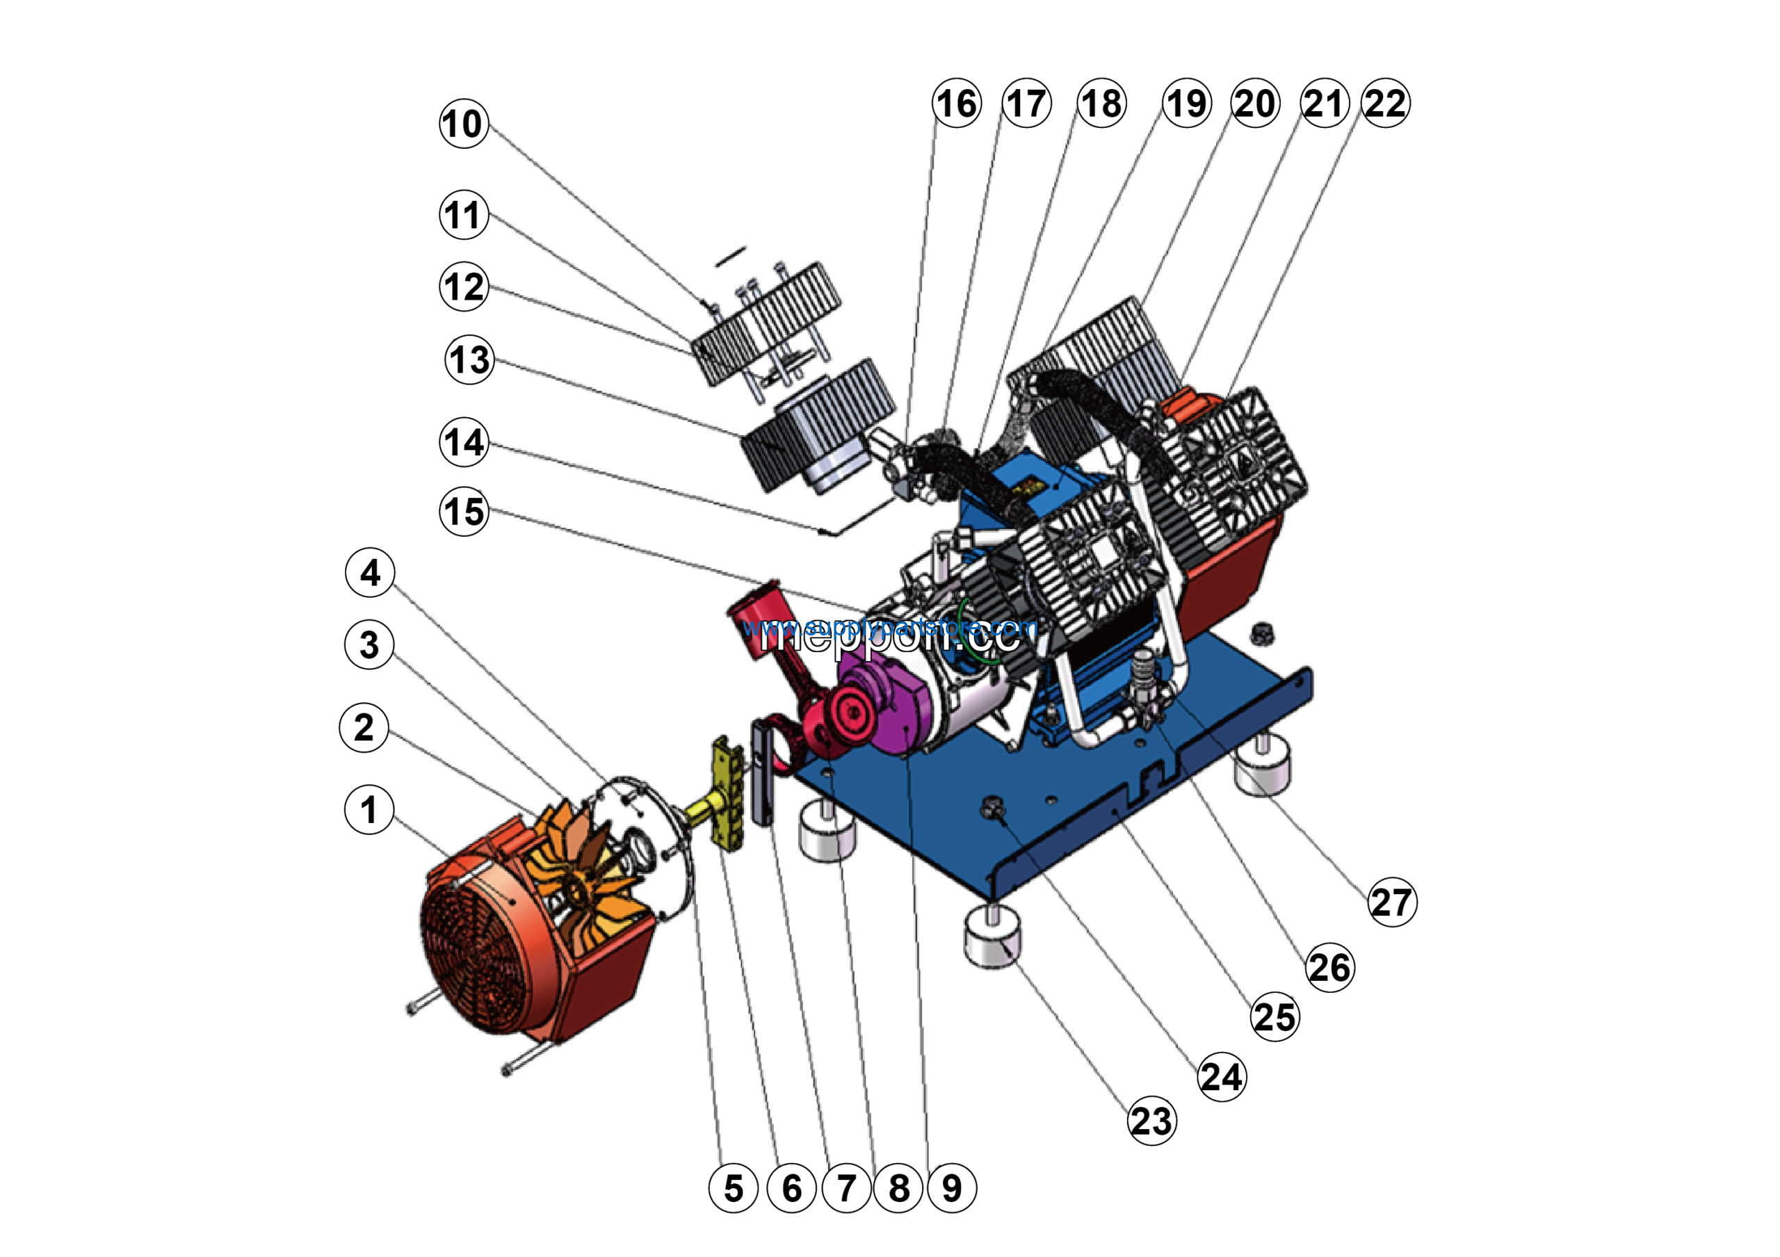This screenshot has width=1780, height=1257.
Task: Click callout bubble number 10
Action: (464, 124)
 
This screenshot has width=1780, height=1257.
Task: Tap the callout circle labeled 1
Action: (369, 810)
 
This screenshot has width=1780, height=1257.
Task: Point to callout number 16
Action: (957, 103)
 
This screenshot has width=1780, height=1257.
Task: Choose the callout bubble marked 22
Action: (1385, 103)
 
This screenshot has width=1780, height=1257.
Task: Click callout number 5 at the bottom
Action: (733, 1188)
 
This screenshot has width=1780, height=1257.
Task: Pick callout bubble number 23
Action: (1151, 1121)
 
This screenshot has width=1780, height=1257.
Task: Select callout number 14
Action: (464, 442)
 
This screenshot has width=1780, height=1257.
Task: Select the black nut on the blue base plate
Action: (994, 809)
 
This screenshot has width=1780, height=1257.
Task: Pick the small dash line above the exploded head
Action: (730, 256)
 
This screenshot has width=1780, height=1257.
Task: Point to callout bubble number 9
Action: (952, 1188)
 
